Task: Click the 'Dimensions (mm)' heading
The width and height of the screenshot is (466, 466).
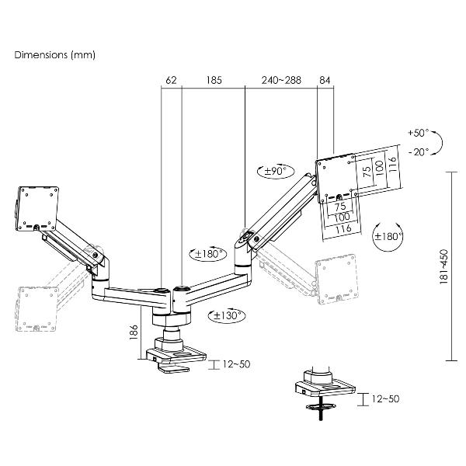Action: pyautogui.click(x=55, y=55)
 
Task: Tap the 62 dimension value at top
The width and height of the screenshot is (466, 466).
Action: pyautogui.click(x=171, y=80)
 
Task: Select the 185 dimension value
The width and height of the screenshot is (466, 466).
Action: pyautogui.click(x=214, y=80)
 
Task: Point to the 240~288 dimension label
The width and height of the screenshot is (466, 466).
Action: pyautogui.click(x=281, y=80)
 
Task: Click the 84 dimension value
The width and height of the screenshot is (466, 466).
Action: pyautogui.click(x=325, y=80)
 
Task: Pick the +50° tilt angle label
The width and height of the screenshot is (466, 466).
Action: pyautogui.click(x=418, y=133)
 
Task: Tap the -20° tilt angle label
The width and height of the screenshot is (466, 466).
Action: pyautogui.click(x=419, y=152)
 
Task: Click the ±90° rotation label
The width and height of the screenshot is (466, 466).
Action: pyautogui.click(x=275, y=171)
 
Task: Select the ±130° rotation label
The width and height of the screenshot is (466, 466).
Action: pyautogui.click(x=227, y=315)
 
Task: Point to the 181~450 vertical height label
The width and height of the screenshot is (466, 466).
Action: pyautogui.click(x=443, y=266)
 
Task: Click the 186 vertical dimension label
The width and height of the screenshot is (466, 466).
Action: pyautogui.click(x=134, y=332)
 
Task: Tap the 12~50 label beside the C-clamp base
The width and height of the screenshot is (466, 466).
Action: pyautogui.click(x=236, y=364)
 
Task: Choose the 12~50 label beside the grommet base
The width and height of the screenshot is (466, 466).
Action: pyautogui.click(x=385, y=399)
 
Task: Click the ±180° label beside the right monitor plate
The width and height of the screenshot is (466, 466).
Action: pyautogui.click(x=388, y=237)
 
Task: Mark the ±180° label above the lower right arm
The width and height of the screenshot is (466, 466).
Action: pyautogui.click(x=209, y=254)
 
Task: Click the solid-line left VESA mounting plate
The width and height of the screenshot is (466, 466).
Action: pyautogui.click(x=37, y=209)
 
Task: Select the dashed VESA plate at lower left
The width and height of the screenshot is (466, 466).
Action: pyautogui.click(x=37, y=309)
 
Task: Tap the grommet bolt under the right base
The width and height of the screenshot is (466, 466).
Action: pyautogui.click(x=321, y=408)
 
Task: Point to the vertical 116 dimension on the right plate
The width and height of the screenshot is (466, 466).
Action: pyautogui.click(x=393, y=164)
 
